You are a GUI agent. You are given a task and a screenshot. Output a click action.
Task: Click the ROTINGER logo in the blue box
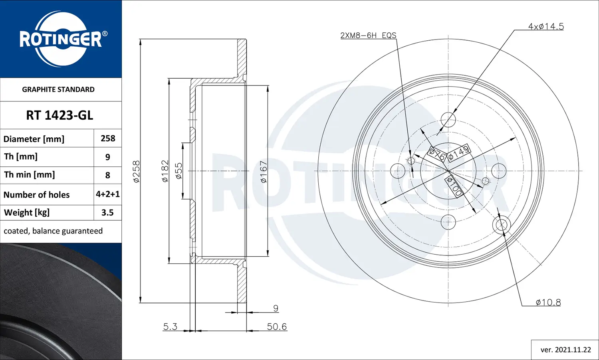coord(61,39)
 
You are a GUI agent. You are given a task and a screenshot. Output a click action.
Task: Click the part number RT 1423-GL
coord(60,115)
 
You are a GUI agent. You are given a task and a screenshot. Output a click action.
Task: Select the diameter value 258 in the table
coord(108,138)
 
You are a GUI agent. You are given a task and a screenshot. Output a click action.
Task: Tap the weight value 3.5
coord(107,213)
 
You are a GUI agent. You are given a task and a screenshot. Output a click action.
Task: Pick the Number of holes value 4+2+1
coord(107,194)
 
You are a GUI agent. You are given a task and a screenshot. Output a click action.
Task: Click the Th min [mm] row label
coord(30,175)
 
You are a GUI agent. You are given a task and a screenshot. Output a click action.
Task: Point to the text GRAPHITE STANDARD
coord(58,89)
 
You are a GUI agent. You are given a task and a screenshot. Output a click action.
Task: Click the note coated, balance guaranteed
coord(53,231)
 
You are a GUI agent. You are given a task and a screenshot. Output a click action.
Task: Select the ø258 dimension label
coord(137,171)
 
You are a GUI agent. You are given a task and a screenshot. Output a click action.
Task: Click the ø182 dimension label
coord(165,171)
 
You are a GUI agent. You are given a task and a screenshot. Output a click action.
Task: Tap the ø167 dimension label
coord(264,172)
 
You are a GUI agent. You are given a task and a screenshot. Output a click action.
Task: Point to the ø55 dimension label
coord(179,171)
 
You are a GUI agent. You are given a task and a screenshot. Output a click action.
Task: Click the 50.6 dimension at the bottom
coord(277,327)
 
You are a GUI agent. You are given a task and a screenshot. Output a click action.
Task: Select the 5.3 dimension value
coord(170,327)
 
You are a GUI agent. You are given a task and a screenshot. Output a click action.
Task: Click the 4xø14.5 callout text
coord(546,26)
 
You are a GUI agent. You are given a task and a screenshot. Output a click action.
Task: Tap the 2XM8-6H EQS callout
coord(368,35)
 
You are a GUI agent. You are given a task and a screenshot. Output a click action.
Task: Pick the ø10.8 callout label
coord(548,303)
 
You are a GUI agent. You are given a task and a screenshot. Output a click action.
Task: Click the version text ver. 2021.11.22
coord(565,350)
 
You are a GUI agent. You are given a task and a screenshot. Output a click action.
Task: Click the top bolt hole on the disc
coord(448,119)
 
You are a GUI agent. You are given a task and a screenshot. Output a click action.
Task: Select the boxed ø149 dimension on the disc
coord(458,152)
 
